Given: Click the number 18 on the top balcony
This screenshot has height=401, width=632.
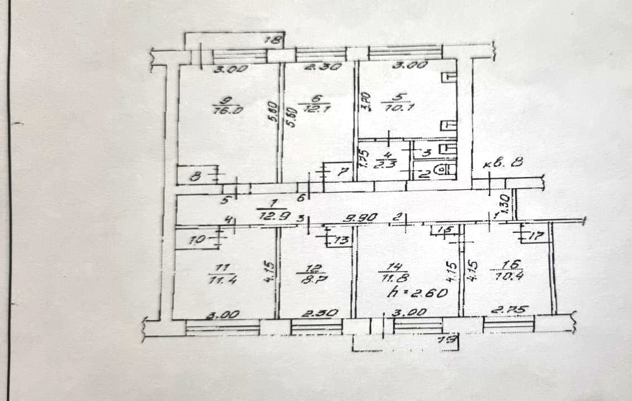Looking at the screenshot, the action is (x=273, y=40).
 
